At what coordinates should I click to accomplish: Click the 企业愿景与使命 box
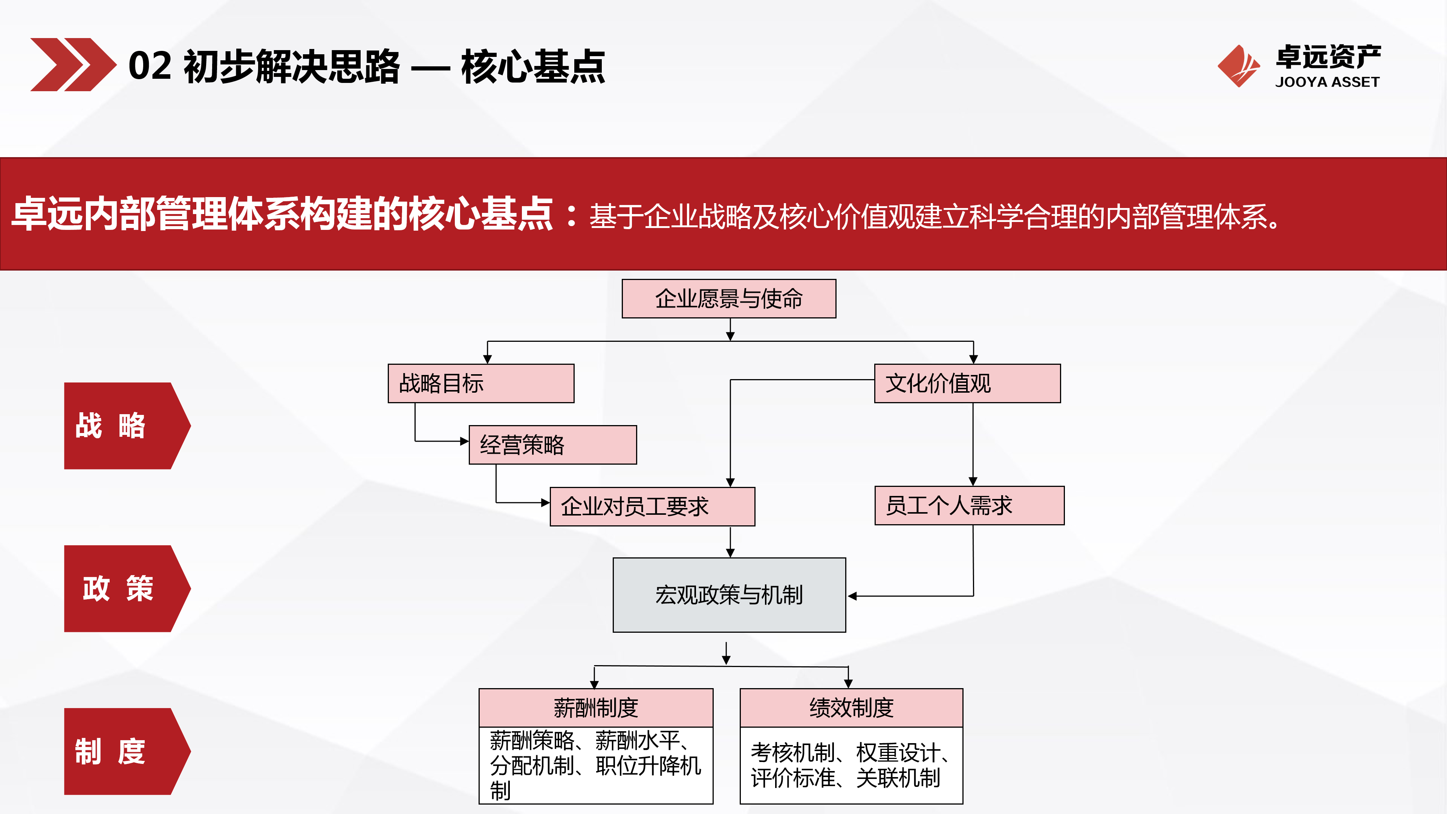pyautogui.click(x=728, y=298)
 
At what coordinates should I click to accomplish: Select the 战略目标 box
pyautogui.click(x=481, y=383)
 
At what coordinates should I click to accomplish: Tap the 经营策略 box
pyautogui.click(x=552, y=444)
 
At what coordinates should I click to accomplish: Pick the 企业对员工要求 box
pyautogui.click(x=652, y=506)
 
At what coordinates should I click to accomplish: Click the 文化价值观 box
pyautogui.click(x=967, y=383)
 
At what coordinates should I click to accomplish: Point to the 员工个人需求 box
pyautogui.click(x=969, y=505)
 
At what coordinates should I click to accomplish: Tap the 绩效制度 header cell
pyautogui.click(x=851, y=707)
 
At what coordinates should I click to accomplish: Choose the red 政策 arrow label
pyautogui.click(x=121, y=588)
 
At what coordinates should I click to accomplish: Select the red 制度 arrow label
pyautogui.click(x=121, y=751)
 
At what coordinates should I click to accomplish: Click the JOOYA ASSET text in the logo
pyautogui.click(x=1327, y=82)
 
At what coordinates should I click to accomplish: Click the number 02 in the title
pyautogui.click(x=150, y=66)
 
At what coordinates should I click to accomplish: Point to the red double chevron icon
pyautogui.click(x=72, y=64)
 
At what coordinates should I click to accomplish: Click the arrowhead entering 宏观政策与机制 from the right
pyautogui.click(x=852, y=596)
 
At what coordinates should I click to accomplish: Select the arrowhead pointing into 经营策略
pyautogui.click(x=465, y=441)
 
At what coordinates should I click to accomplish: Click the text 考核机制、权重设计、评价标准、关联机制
pyautogui.click(x=849, y=765)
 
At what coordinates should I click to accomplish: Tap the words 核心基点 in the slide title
pyautogui.click(x=532, y=66)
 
